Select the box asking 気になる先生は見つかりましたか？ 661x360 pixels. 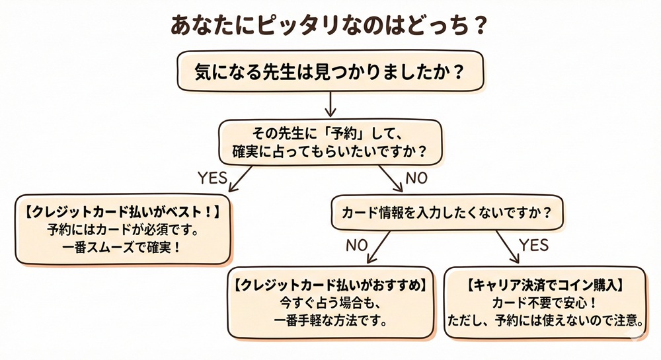[x=330, y=71]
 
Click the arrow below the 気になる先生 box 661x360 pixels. [x=330, y=104]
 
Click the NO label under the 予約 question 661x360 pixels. [x=417, y=177]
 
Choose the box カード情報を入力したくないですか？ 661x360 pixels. [x=447, y=213]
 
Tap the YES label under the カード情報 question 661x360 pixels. [x=534, y=245]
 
